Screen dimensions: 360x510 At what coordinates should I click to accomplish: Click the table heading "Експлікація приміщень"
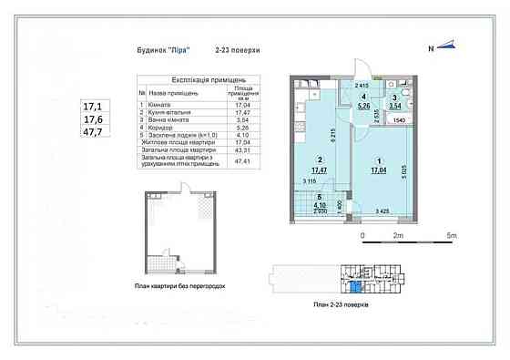[x=196, y=82]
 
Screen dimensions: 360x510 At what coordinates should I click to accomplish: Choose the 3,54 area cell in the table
[x=243, y=118]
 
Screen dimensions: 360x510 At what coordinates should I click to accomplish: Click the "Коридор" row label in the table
[x=165, y=126]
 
